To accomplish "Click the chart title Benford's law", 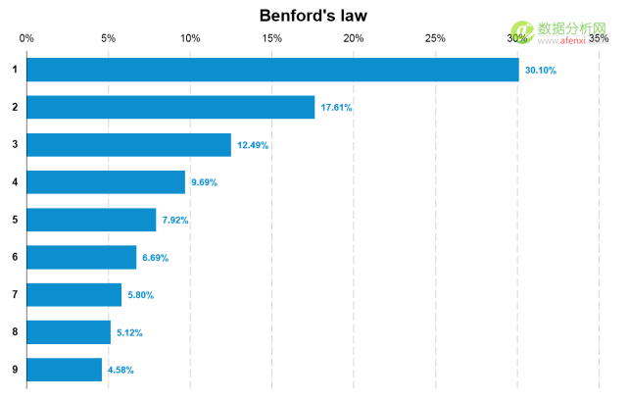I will (313, 16).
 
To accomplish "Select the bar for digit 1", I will (272, 70).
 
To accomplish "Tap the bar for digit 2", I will (170, 107).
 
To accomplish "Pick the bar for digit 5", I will (91, 220).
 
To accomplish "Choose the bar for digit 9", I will (65, 370).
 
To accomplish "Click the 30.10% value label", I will (540, 70).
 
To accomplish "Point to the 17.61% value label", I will (336, 108).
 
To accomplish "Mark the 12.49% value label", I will (253, 145).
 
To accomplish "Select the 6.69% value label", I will (155, 258).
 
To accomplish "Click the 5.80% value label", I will (140, 295).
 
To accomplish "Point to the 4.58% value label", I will (121, 371).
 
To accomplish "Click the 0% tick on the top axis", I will (26, 38).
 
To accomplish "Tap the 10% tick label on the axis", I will (190, 38).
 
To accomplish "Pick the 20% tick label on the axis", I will (354, 38).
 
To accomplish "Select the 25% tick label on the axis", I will (435, 38).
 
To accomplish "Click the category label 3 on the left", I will (15, 145).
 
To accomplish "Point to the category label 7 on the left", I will (15, 295).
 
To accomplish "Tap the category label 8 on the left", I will (15, 332).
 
